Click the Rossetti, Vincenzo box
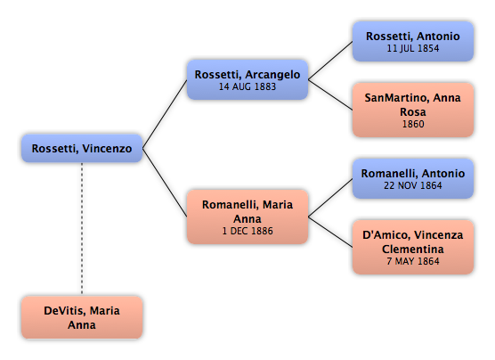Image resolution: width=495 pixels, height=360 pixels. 82,148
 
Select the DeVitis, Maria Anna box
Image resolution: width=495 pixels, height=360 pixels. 82,317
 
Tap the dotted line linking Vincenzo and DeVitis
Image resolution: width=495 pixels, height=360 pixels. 82,229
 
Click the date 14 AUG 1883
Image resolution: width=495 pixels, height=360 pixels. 247,86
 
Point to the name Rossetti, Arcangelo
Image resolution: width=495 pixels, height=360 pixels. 247,75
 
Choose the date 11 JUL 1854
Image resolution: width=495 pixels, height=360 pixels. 413,48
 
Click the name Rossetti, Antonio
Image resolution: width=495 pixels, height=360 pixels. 413,37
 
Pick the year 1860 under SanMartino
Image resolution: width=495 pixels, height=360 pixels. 413,124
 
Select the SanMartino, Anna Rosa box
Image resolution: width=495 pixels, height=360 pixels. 413,110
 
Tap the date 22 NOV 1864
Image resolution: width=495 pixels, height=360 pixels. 413,185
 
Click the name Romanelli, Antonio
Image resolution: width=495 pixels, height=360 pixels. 413,174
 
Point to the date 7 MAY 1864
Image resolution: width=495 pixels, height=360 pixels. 413,261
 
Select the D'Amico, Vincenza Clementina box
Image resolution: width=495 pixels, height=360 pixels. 413,247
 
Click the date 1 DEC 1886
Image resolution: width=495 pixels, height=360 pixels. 247,231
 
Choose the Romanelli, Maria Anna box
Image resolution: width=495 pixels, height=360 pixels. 247,217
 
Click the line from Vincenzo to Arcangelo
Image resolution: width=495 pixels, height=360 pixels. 165,114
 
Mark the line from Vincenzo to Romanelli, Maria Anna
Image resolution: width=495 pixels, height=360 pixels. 165,183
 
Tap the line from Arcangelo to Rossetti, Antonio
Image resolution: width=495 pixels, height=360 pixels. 330,61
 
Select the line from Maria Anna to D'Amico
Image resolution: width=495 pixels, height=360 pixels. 330,232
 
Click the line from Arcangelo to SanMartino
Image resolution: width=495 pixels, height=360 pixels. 330,94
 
